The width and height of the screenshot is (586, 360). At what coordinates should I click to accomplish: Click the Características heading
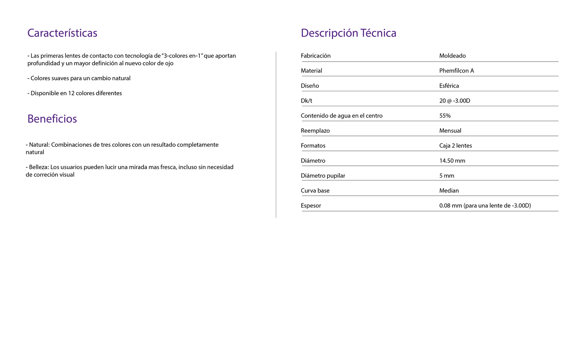tap(62, 33)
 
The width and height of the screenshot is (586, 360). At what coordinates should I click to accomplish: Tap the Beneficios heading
tap(52, 119)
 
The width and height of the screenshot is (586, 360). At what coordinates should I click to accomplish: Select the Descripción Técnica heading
tap(348, 33)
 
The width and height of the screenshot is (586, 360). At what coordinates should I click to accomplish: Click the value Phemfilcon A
tap(456, 71)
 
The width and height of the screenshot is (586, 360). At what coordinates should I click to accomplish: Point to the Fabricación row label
tap(316, 56)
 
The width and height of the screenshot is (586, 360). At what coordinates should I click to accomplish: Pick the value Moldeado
tap(452, 56)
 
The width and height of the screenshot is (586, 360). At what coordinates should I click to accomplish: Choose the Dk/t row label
tap(306, 101)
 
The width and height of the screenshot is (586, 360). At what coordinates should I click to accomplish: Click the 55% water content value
tap(445, 116)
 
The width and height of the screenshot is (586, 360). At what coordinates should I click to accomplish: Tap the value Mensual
tap(450, 131)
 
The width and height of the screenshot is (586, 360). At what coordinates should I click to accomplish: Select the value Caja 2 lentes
tap(455, 146)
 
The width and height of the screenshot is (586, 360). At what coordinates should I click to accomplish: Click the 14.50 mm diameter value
tap(452, 161)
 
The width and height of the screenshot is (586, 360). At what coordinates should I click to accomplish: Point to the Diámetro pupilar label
tap(323, 176)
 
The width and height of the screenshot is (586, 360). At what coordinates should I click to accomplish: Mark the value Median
tap(449, 191)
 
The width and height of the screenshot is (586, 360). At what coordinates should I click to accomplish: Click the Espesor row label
tap(311, 206)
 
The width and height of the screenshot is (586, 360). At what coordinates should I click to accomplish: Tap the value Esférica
tap(449, 86)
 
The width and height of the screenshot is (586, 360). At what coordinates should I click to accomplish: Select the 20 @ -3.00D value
tap(455, 101)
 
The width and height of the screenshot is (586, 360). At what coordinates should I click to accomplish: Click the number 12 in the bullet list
tap(71, 93)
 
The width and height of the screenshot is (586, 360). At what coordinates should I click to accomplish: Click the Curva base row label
tap(315, 191)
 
